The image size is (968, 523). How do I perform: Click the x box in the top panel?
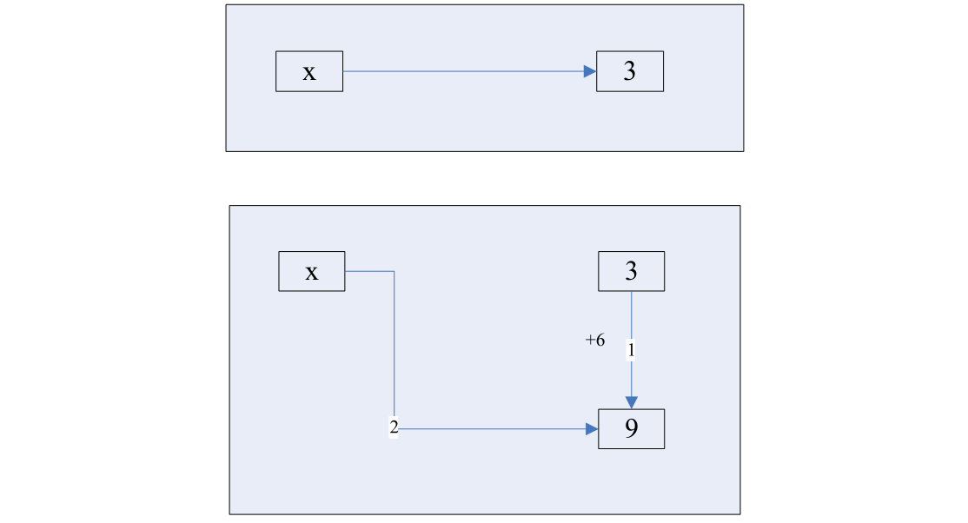point(309,71)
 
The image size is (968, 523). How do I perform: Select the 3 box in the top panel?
point(630,71)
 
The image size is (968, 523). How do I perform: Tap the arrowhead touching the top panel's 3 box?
point(590,71)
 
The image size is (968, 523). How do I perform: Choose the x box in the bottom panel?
point(311,271)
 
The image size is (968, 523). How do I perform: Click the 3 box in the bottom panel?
point(632,271)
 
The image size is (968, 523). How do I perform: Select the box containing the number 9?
point(632,429)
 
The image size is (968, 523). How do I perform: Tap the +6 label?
point(595,341)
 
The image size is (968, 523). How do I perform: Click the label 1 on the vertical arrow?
point(632,349)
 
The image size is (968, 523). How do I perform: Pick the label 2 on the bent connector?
point(394,428)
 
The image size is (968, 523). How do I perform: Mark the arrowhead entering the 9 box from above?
point(632,402)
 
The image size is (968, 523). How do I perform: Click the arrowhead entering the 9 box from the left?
point(593,428)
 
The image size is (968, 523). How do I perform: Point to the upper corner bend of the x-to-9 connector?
point(394,271)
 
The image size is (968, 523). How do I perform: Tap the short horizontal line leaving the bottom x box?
point(369,271)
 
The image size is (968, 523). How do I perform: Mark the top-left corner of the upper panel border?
point(226,5)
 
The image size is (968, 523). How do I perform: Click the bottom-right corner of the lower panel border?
point(740,514)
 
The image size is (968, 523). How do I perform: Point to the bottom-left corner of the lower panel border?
point(229,514)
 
